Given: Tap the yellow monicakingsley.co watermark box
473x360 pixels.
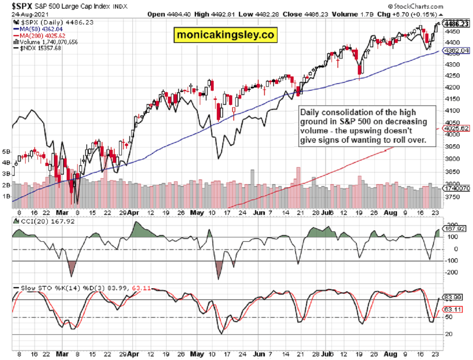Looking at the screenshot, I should (225, 35).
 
